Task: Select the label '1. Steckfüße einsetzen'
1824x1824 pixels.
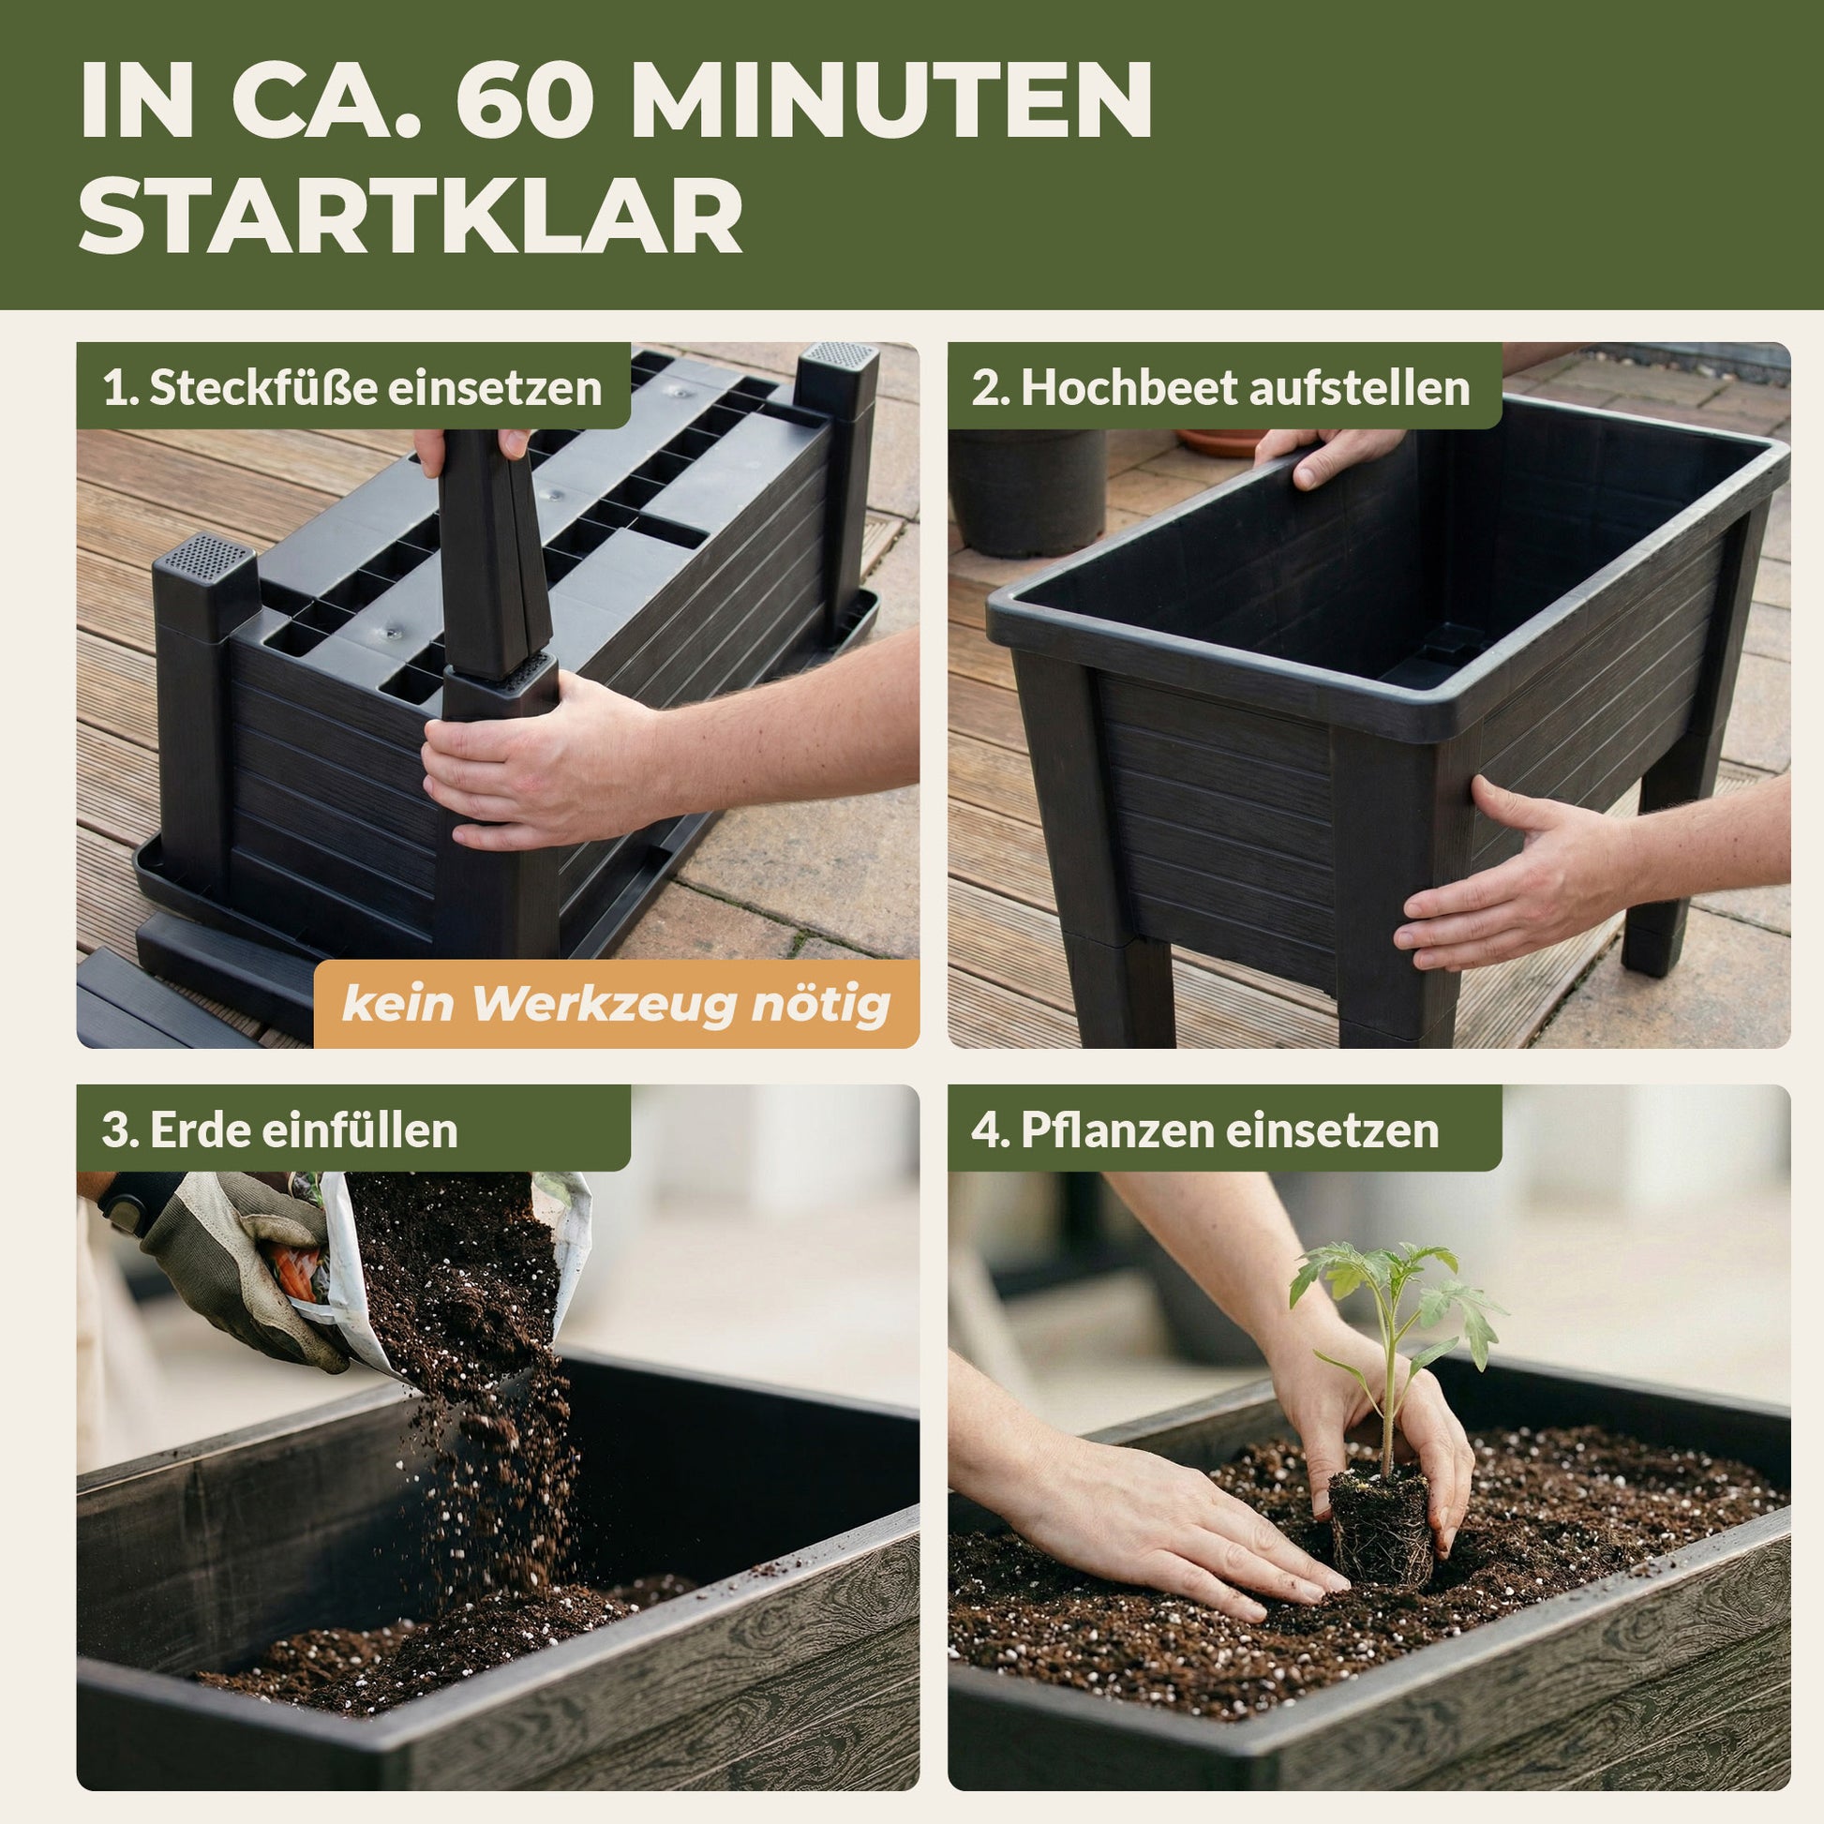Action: point(352,387)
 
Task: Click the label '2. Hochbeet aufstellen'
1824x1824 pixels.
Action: point(1220,387)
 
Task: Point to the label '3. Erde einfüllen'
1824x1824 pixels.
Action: point(279,1129)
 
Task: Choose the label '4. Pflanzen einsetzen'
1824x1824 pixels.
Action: point(1205,1129)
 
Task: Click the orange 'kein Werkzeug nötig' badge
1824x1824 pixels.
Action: point(617,1004)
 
